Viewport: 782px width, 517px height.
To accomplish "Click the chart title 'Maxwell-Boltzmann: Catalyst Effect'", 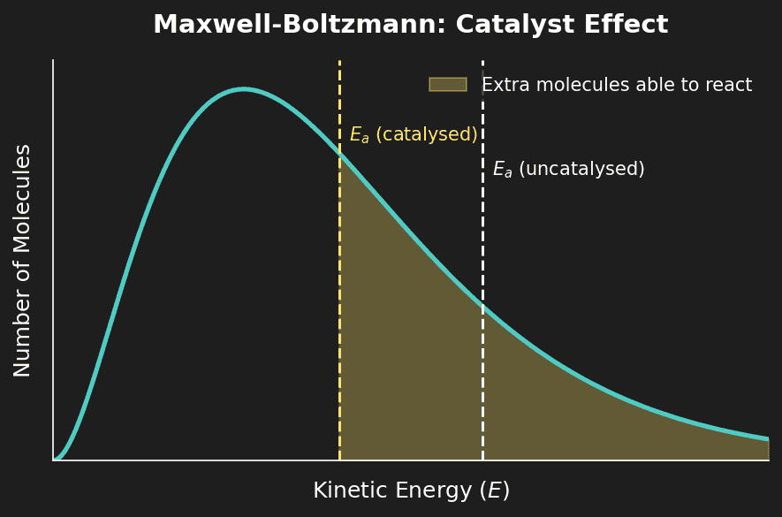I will pyautogui.click(x=410, y=25).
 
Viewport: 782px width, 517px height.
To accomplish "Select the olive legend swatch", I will pyautogui.click(x=447, y=85).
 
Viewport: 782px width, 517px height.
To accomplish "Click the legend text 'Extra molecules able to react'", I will pyautogui.click(x=616, y=86).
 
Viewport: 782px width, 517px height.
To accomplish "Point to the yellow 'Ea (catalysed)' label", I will pyautogui.click(x=413, y=135).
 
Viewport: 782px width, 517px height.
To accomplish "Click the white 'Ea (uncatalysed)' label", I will pyautogui.click(x=568, y=170).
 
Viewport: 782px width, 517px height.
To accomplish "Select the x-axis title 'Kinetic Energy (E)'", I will pyautogui.click(x=411, y=490).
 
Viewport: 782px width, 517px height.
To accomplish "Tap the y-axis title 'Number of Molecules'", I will pyautogui.click(x=23, y=260).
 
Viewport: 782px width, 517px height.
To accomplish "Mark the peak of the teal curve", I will pyautogui.click(x=245, y=89).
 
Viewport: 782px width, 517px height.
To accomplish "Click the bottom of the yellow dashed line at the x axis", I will pyautogui.click(x=339, y=460).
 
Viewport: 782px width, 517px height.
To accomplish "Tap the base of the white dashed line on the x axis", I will pyautogui.click(x=482, y=460).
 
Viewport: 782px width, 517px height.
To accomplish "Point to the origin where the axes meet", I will pyautogui.click(x=53, y=460).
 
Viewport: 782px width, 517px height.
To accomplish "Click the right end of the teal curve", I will pyautogui.click(x=768, y=438).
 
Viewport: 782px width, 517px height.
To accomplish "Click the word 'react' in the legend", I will pyautogui.click(x=730, y=86).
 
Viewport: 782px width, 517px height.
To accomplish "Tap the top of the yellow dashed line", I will pyautogui.click(x=339, y=62).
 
